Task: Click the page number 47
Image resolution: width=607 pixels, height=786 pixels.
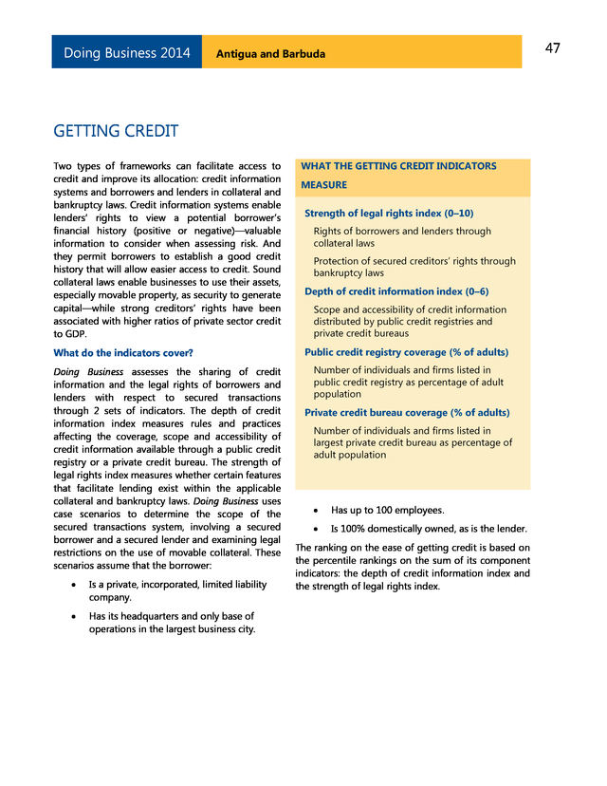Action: (552, 49)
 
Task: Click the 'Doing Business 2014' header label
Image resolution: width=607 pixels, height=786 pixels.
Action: (126, 53)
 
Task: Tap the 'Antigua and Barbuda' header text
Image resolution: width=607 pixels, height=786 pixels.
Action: (270, 54)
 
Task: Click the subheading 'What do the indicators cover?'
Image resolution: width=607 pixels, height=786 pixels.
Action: (122, 353)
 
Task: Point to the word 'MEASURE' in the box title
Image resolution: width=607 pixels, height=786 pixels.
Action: (323, 185)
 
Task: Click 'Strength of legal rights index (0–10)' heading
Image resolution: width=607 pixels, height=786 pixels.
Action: (388, 213)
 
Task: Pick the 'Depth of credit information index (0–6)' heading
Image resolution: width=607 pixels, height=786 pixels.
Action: (396, 291)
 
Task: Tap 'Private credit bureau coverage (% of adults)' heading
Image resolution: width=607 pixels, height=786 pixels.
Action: (407, 413)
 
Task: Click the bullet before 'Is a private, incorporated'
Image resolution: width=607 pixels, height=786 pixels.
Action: (74, 585)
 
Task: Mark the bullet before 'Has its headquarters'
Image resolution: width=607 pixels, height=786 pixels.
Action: (74, 616)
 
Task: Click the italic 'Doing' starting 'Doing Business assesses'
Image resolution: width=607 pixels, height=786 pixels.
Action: (66, 371)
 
